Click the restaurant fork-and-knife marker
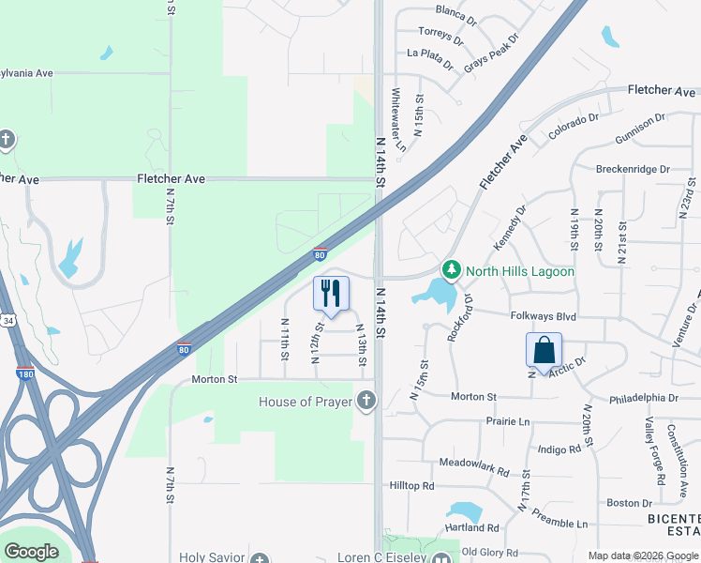(330, 294)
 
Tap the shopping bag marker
(544, 351)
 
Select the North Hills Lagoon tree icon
(452, 271)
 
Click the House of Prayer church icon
(365, 402)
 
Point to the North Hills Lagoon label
(520, 271)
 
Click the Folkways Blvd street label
(543, 316)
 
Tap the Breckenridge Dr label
(633, 170)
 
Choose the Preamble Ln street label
(559, 517)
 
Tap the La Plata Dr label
(430, 59)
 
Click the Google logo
(31, 552)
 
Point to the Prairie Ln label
(509, 421)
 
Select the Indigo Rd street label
(559, 449)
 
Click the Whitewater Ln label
(398, 120)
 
